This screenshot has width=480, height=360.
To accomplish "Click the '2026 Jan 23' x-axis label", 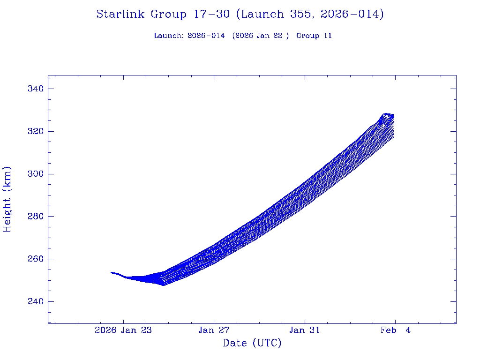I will pyautogui.click(x=123, y=330).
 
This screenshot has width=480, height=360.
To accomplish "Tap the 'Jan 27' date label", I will pyautogui.click(x=214, y=330).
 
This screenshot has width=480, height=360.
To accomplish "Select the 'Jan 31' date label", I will pyautogui.click(x=304, y=330).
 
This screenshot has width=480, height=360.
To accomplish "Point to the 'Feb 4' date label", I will pyautogui.click(x=395, y=330).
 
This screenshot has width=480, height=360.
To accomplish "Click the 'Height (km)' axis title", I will pyautogui.click(x=7, y=199).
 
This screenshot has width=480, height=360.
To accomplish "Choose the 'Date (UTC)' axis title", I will pyautogui.click(x=252, y=343).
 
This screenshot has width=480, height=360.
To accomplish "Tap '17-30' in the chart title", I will pyautogui.click(x=211, y=15).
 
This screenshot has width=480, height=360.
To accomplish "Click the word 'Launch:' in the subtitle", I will pyautogui.click(x=169, y=36).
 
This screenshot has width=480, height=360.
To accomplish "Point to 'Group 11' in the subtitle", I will pyautogui.click(x=314, y=36).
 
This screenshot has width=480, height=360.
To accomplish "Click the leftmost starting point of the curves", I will pyautogui.click(x=111, y=272).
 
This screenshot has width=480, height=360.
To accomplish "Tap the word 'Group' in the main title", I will pyautogui.click(x=168, y=15).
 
